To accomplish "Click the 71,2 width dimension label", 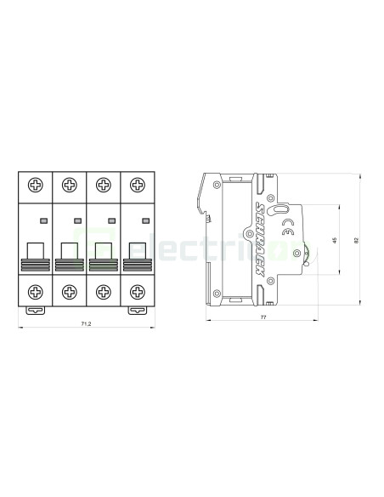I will click(85, 324).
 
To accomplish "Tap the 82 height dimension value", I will click(357, 241).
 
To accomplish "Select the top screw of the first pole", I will click(36, 185).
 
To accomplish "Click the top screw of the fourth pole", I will click(136, 185).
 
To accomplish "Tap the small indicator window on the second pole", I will click(77, 220).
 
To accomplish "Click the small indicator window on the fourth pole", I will click(144, 220).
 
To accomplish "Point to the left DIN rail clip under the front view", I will click(36, 310).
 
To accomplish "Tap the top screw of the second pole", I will click(69, 185).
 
